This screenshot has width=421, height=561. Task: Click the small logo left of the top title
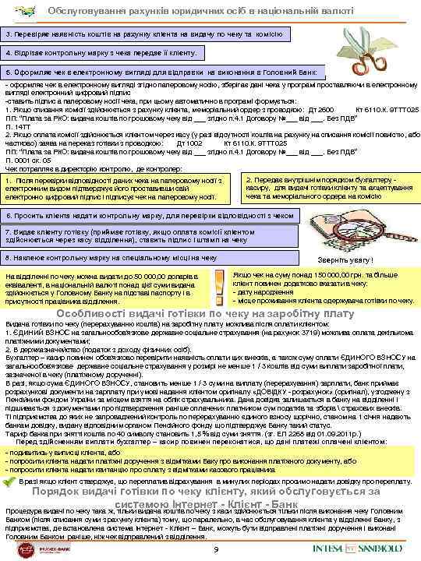[x=17, y=11]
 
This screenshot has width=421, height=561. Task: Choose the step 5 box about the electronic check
[x=161, y=72]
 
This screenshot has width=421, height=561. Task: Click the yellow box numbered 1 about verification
[x=117, y=189]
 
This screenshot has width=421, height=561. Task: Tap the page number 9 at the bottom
[x=215, y=552]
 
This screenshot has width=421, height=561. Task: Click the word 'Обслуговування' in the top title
[x=81, y=10]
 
